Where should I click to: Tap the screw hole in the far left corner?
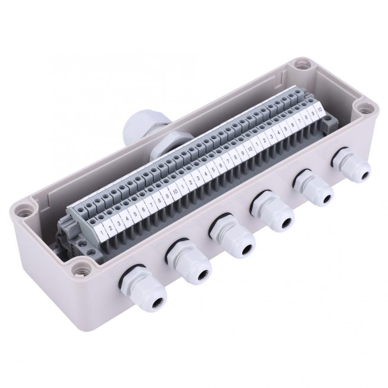pos(22,211)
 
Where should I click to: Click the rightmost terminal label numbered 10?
pos(319,110)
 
